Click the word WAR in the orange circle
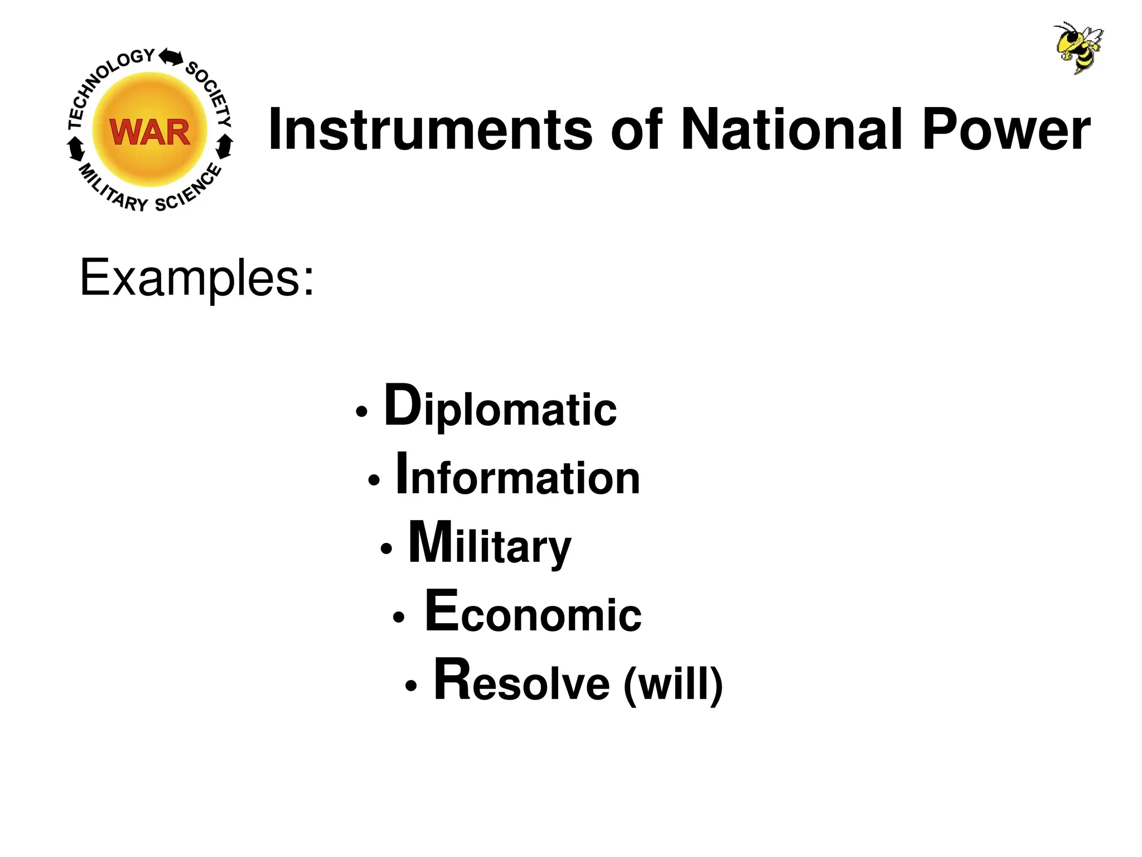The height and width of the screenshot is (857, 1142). click(x=150, y=132)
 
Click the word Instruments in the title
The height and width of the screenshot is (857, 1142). click(x=430, y=129)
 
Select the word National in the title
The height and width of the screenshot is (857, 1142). click(x=791, y=129)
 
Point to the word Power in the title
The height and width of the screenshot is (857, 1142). click(x=1006, y=129)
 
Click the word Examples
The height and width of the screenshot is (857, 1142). click(x=197, y=278)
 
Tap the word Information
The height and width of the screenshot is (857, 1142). click(x=517, y=476)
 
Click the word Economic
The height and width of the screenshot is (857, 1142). click(x=533, y=613)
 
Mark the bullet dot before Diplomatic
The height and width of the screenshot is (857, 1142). click(x=362, y=412)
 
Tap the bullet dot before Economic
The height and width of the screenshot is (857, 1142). click(x=398, y=618)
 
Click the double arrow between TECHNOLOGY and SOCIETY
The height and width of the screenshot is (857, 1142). click(x=171, y=57)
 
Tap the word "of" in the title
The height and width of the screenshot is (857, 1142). click(x=636, y=129)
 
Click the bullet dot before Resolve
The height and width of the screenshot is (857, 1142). click(x=411, y=686)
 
